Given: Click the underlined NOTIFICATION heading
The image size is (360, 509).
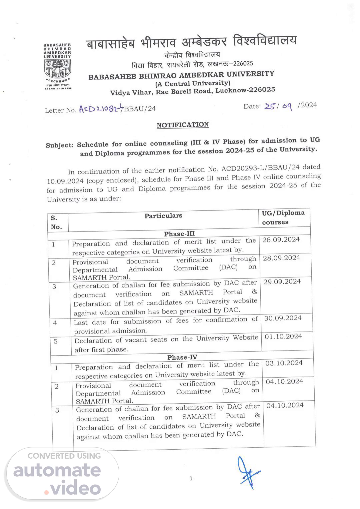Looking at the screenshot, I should tap(183, 125).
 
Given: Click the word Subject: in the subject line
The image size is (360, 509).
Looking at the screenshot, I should tap(59, 145).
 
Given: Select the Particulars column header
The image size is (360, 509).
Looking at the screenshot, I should tap(163, 216).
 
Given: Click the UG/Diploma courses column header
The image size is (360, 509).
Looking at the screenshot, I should tap(283, 217).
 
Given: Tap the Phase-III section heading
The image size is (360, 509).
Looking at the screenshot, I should tap(179, 234).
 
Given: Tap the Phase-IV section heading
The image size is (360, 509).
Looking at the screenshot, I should tap(182, 357).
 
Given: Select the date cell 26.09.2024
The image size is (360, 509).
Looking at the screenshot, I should tap(281, 239).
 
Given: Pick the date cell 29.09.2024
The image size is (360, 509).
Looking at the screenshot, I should tap(282, 282).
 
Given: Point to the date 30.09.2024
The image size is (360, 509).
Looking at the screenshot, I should tap(283, 318).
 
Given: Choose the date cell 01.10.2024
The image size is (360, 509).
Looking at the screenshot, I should tap(283, 336).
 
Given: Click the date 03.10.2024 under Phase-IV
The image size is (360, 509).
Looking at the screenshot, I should tap(284, 363).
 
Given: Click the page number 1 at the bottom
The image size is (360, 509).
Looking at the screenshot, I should tap(191, 479).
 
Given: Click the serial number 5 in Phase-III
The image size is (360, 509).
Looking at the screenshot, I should tap(56, 341).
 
